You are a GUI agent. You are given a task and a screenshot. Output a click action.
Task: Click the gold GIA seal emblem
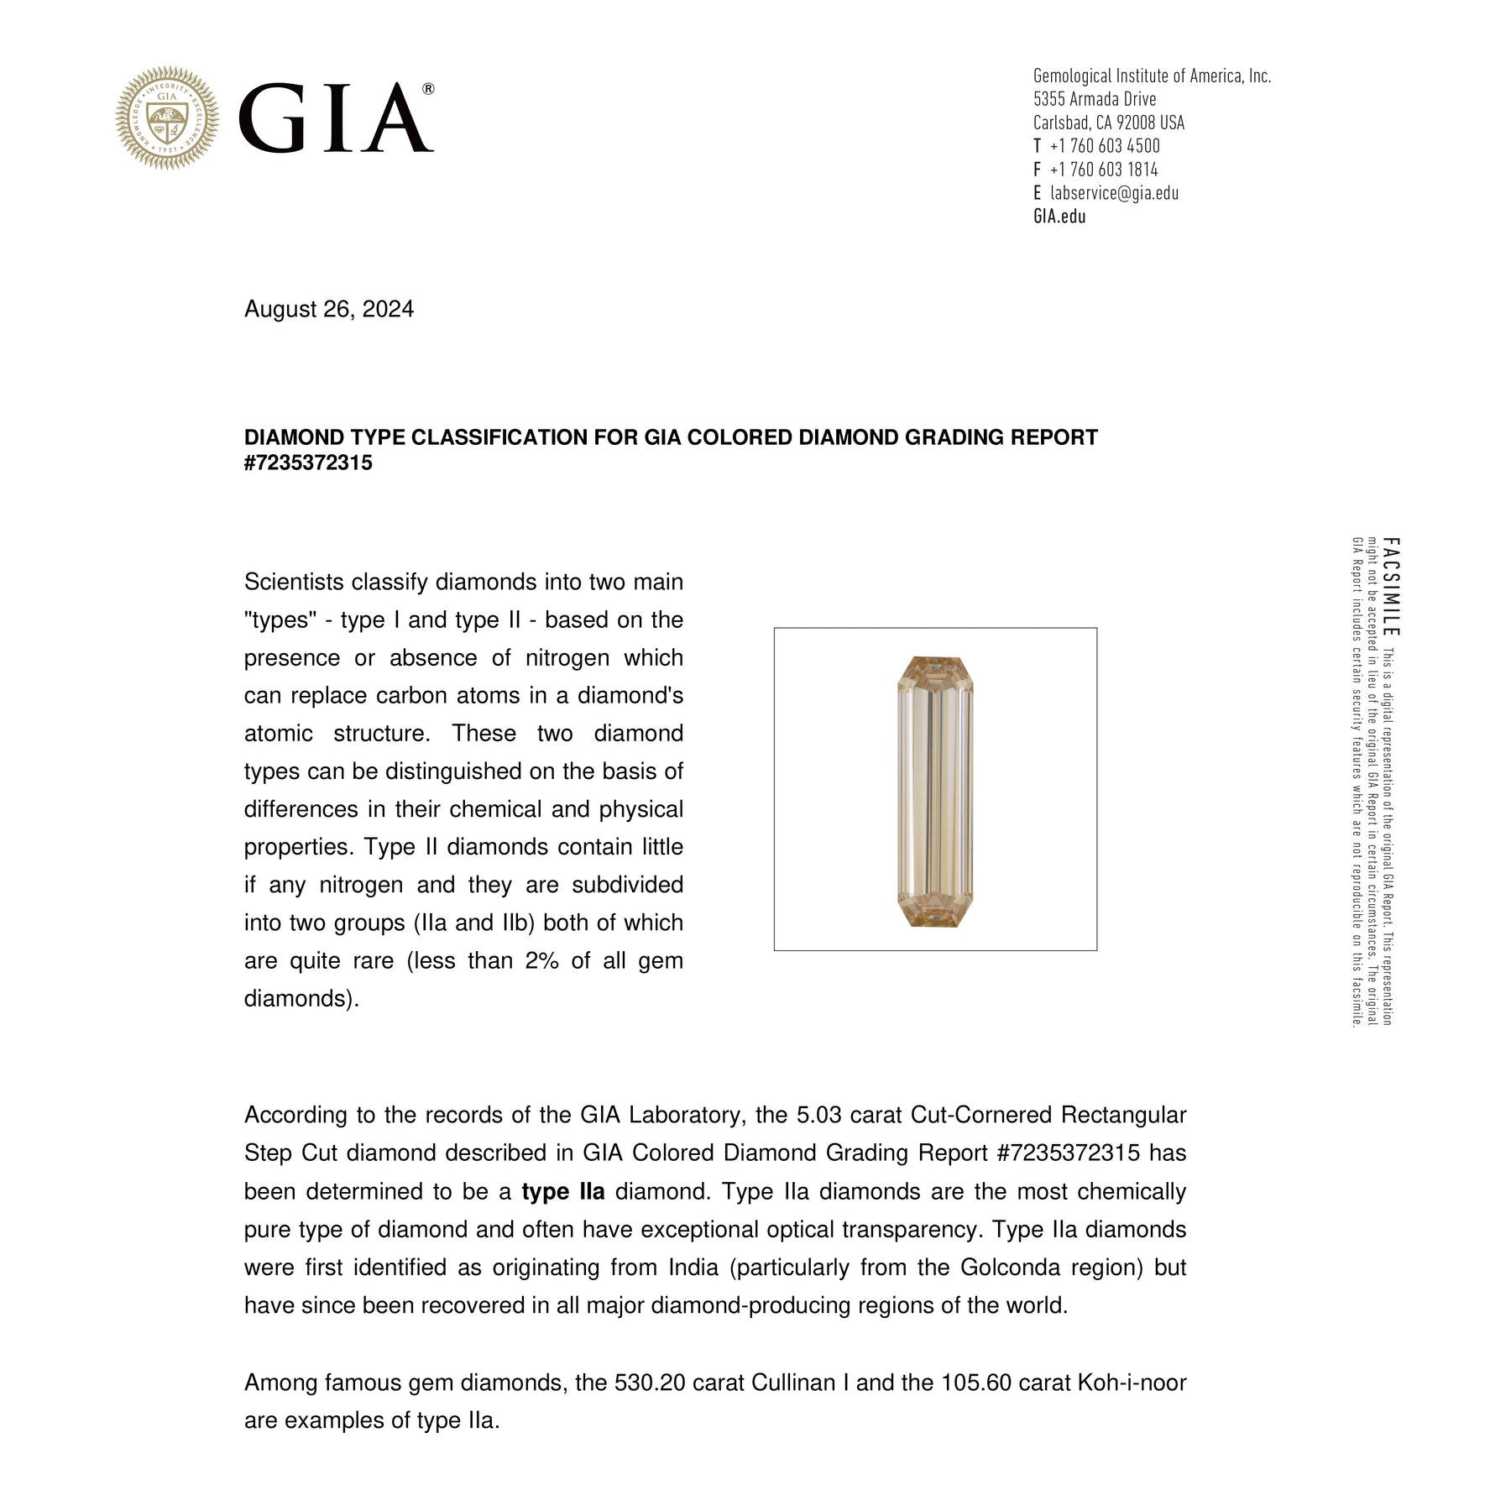coord(167,118)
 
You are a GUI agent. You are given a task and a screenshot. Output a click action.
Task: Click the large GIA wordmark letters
coord(336,118)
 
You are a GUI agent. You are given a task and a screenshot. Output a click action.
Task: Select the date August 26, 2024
coord(329,309)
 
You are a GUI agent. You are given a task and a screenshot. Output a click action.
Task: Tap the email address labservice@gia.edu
coord(1114,193)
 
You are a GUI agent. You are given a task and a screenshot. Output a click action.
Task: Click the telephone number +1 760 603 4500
coord(1104,146)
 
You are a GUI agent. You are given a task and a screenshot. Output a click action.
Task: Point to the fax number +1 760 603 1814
coord(1103,170)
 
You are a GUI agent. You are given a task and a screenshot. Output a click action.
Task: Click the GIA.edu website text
coord(1059,217)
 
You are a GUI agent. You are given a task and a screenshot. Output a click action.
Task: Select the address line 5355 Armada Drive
coord(1095,99)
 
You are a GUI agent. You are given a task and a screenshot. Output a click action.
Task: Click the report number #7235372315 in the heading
coord(308,463)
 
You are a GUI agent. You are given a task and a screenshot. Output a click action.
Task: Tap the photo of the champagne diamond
coord(935,790)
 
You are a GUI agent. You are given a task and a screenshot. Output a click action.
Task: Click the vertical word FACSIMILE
coord(1390,587)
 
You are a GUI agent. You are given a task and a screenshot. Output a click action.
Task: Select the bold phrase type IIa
coord(562,1191)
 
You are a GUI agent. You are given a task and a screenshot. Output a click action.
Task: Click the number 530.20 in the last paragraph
coord(650,1383)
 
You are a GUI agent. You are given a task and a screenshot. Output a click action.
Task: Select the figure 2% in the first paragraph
coord(541,960)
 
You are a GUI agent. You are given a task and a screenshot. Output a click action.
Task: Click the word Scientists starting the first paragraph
coord(294,582)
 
